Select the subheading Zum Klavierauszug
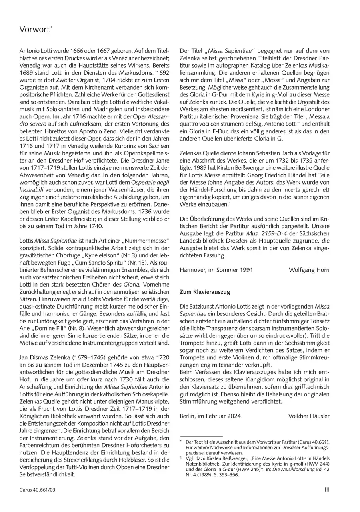pos(205,292)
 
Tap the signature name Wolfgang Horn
pos(309,270)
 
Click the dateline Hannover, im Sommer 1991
pos(216,270)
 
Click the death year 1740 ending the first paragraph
pos(96,226)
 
